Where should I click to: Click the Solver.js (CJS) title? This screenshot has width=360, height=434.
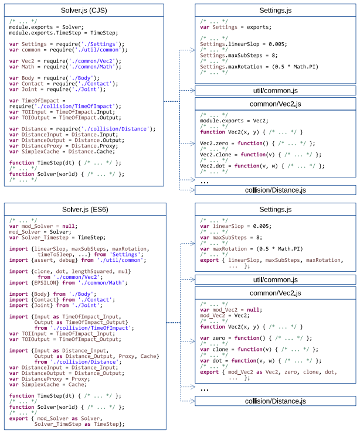point(84,11)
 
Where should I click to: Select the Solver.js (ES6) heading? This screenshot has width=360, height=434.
point(85,210)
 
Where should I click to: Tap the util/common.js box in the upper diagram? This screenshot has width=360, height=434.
point(276,91)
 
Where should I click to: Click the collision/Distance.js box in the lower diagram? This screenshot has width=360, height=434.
point(276,401)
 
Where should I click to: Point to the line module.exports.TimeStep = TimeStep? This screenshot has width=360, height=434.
point(63,33)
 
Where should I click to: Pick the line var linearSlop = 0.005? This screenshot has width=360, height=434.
point(236,226)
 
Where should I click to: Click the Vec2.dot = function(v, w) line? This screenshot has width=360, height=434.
point(262,166)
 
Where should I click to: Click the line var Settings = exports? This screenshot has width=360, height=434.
point(236,27)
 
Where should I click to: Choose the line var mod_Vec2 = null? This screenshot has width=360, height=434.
point(231,310)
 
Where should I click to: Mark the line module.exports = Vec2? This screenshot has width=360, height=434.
point(234,121)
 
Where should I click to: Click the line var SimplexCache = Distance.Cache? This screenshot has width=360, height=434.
point(62,152)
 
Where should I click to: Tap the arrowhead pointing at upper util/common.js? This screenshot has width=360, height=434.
point(193,91)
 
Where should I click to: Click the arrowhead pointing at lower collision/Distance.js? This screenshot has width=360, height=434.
point(193,401)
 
